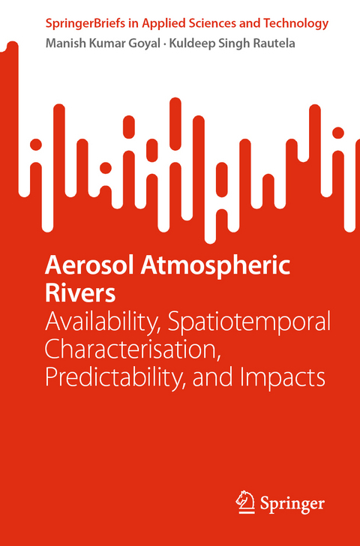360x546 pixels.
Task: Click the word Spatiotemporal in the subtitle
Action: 249,322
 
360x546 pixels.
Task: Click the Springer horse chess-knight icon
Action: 244,500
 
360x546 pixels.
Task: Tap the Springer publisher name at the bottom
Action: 291,502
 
